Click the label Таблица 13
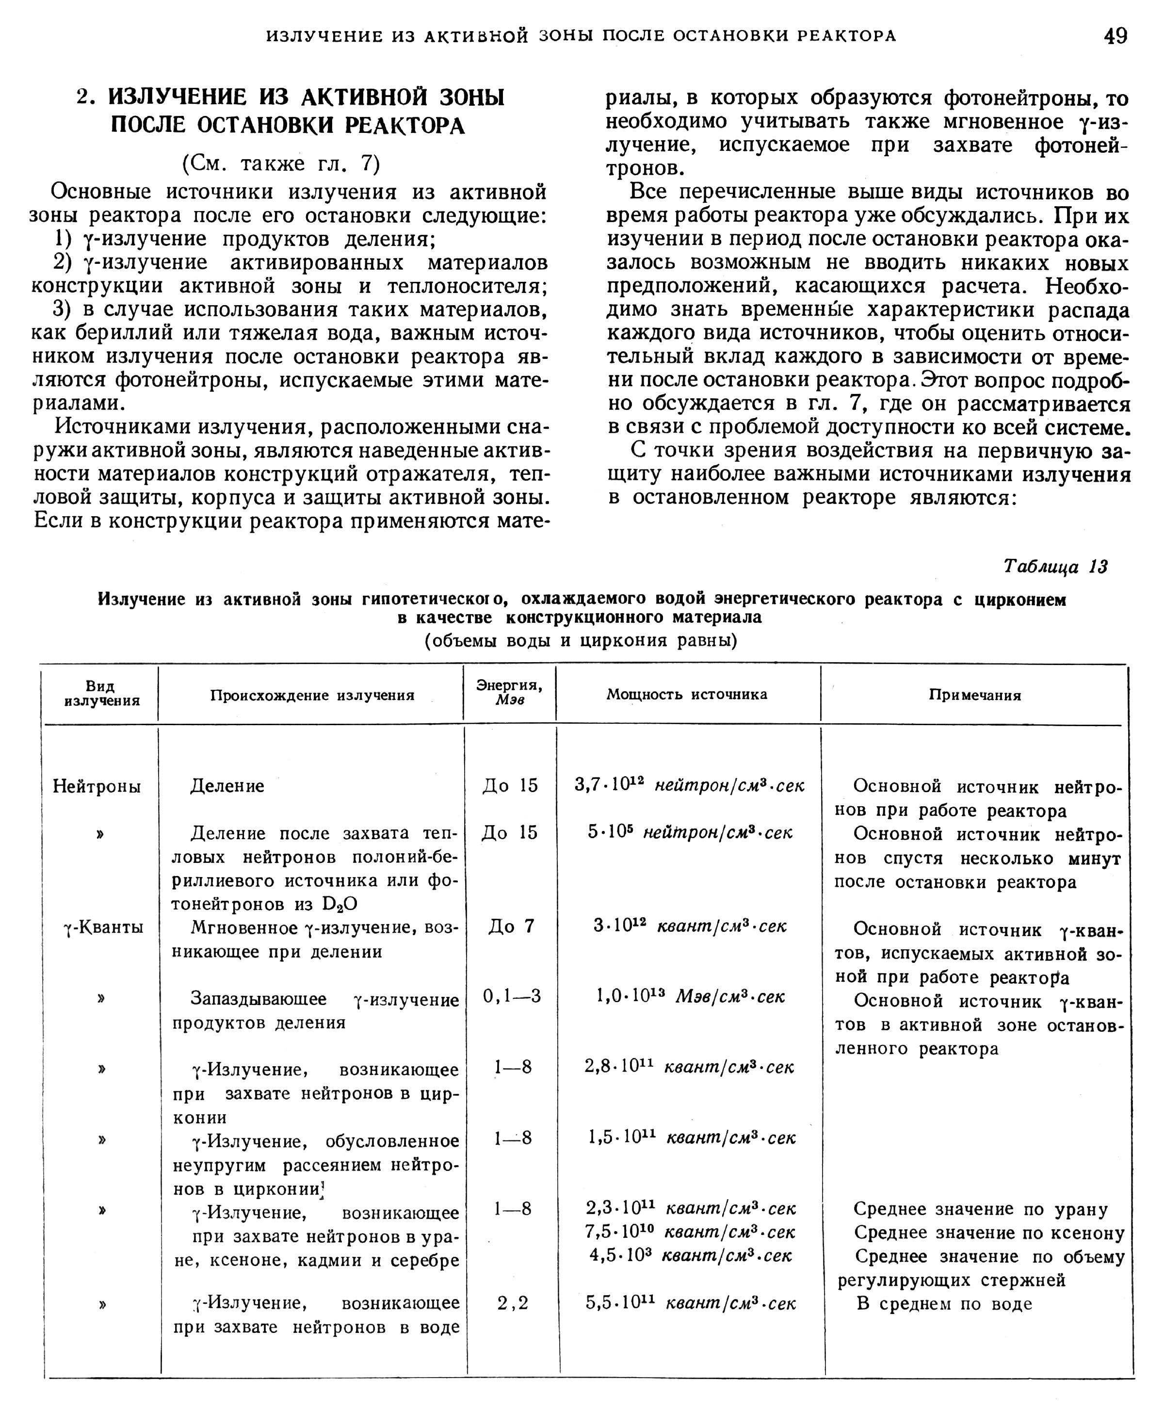point(1055,567)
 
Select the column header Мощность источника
point(687,694)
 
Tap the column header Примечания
point(974,696)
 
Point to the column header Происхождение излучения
point(312,696)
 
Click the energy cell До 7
point(511,927)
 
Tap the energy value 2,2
point(513,1303)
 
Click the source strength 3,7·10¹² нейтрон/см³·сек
point(689,785)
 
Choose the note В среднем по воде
point(944,1304)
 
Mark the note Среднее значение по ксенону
point(988,1233)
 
